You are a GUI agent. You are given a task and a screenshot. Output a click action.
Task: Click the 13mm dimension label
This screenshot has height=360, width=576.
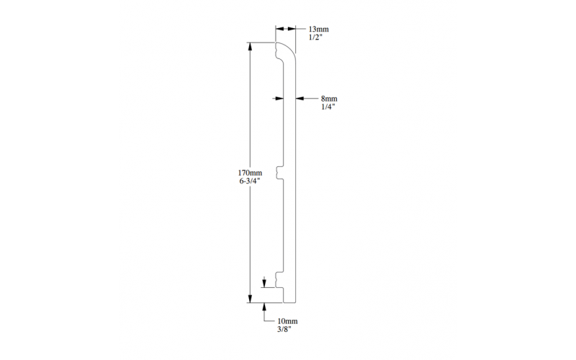tap(318, 29)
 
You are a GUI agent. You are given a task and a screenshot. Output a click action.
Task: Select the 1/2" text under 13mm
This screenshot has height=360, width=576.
tap(315, 37)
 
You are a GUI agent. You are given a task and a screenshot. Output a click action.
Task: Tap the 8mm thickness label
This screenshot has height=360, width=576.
tap(329, 99)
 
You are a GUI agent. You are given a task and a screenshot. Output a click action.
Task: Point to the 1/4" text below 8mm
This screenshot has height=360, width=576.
tap(328, 107)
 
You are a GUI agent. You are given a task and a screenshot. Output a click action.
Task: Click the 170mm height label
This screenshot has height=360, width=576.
tap(250, 173)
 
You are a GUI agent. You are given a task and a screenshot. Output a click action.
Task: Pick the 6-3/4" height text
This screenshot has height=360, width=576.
tap(250, 181)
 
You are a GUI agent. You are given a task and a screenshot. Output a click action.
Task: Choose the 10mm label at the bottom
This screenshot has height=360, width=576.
tap(287, 321)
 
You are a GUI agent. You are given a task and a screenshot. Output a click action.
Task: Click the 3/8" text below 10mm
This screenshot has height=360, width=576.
tap(284, 330)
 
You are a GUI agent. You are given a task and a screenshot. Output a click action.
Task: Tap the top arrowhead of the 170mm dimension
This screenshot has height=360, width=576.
tap(250, 47)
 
